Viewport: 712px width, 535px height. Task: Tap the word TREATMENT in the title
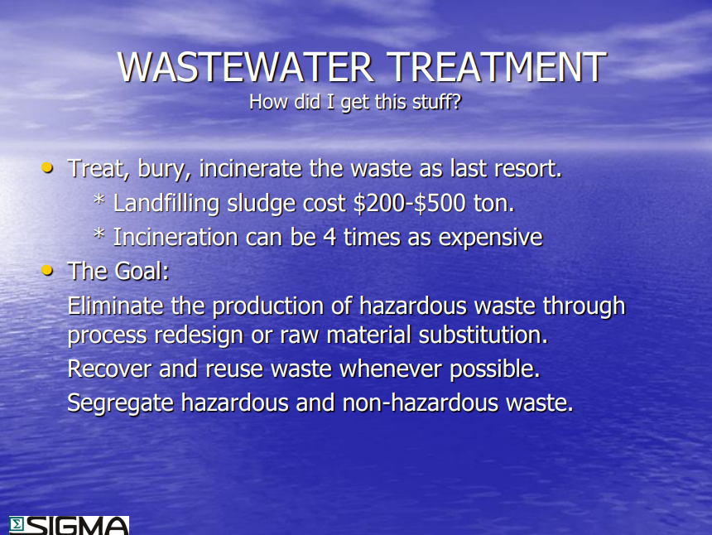[x=498, y=67]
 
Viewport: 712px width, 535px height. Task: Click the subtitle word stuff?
[x=437, y=102]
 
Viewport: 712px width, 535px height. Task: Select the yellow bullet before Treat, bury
[x=47, y=168]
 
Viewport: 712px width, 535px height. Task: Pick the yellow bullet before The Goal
[x=47, y=271]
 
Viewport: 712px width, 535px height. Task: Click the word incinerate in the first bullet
[x=250, y=168]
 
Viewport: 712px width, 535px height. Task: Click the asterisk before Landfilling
[x=99, y=200]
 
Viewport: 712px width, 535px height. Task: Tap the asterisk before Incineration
[x=99, y=234]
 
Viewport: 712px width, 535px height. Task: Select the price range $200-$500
[x=410, y=203]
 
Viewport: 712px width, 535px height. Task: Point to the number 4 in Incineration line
[x=330, y=238]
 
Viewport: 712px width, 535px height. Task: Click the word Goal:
[x=142, y=271]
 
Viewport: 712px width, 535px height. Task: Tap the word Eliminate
[x=115, y=306]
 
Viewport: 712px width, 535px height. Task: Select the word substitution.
[x=483, y=335]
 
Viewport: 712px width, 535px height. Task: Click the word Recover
[x=109, y=369]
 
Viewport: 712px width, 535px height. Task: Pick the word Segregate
[x=121, y=403]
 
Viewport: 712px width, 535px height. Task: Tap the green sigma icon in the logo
[x=17, y=524]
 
